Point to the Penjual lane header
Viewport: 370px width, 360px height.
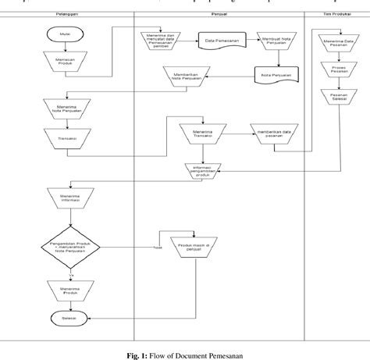coord(219,15)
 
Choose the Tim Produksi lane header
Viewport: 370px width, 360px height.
coord(335,15)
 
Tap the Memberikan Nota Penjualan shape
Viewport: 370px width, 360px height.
coord(186,76)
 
